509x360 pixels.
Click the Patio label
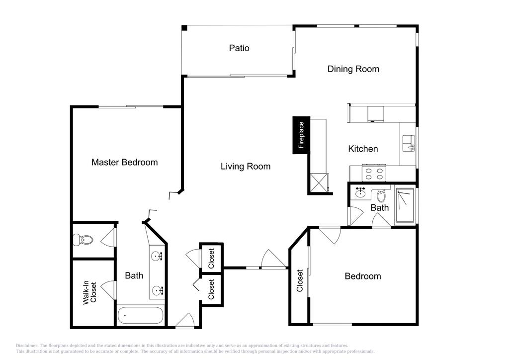[x=239, y=48]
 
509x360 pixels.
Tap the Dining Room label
[x=353, y=69]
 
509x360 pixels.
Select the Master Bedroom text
[x=124, y=162]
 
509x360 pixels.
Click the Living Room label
[x=246, y=167]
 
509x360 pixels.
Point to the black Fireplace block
[x=301, y=135]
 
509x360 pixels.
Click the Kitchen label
[x=363, y=149]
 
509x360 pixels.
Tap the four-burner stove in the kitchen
[x=374, y=173]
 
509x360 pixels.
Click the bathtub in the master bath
[x=140, y=315]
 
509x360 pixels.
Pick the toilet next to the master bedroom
[x=83, y=240]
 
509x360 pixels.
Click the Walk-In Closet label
[x=89, y=292]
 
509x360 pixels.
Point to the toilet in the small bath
[x=381, y=196]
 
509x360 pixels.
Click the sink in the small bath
[x=360, y=193]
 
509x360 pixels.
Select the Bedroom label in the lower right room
[x=362, y=276]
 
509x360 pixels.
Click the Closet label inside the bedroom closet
[x=300, y=280]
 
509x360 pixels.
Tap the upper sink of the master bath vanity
[x=158, y=256]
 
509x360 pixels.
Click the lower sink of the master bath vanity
[x=158, y=290]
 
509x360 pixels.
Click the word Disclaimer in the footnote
[x=27, y=346]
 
